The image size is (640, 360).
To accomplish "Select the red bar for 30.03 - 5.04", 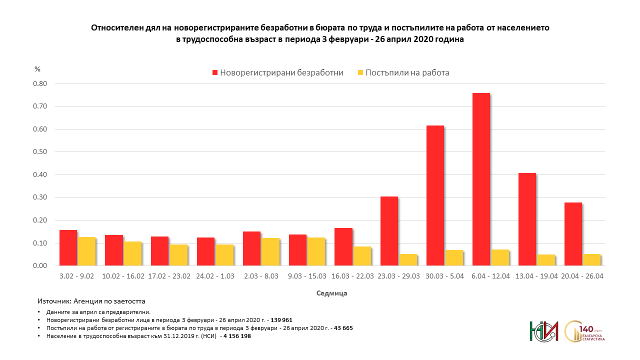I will (435, 195).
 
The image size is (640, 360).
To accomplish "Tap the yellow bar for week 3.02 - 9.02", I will (86, 251).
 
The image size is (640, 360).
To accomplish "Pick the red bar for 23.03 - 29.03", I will (389, 231).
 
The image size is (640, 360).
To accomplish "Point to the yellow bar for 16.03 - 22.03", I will (362, 256).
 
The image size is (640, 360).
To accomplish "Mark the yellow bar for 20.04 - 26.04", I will (591, 260).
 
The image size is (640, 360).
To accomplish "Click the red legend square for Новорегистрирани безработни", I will (215, 72).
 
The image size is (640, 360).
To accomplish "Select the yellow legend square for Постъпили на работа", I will (360, 72).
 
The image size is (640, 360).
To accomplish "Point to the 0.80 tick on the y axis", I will (39, 83).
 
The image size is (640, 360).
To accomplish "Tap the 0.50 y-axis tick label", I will (39, 152).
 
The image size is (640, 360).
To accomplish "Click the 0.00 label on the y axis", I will (39, 266).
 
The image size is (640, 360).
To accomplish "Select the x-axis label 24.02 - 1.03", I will (215, 276).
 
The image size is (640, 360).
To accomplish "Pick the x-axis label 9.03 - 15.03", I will (307, 276).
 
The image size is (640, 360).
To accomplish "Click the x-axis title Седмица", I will (331, 293).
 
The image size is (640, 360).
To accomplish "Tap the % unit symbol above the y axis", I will (37, 69).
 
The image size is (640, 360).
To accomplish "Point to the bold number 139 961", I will (281, 319).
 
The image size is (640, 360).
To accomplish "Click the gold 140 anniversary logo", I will (584, 331).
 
